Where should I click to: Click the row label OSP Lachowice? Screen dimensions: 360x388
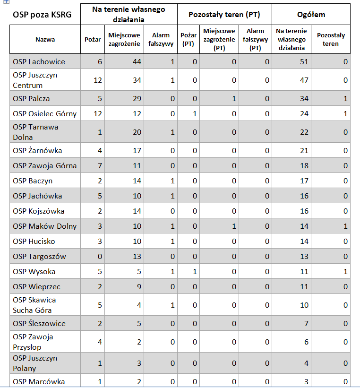pyautogui.click(x=39, y=61)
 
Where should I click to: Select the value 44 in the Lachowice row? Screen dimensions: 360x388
pyautogui.click(x=137, y=61)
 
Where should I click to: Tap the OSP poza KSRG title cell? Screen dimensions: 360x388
pyautogui.click(x=42, y=15)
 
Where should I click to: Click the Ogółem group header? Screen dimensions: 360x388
pyautogui.click(x=311, y=14)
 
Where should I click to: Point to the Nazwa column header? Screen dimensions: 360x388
pyautogui.click(x=45, y=39)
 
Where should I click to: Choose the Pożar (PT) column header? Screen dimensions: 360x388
pyautogui.click(x=189, y=39)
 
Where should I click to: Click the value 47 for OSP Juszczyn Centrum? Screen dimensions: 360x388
pyautogui.click(x=304, y=80)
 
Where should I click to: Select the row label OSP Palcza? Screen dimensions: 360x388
pyautogui.click(x=31, y=98)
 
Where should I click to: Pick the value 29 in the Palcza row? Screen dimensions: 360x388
pyautogui.click(x=137, y=98)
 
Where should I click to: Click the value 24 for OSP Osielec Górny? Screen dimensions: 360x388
pyautogui.click(x=304, y=113)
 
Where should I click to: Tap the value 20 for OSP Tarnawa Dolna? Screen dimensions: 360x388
pyautogui.click(x=137, y=132)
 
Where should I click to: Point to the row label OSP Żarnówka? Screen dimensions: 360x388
pyautogui.click(x=37, y=150)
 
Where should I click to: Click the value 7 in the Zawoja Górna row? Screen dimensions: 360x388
pyautogui.click(x=100, y=165)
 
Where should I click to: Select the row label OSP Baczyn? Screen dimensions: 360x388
pyautogui.click(x=33, y=181)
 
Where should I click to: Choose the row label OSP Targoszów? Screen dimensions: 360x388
pyautogui.click(x=39, y=256)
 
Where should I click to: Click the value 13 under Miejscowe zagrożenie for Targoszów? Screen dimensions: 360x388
pyautogui.click(x=137, y=256)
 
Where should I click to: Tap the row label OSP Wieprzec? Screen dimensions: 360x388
pyautogui.click(x=37, y=286)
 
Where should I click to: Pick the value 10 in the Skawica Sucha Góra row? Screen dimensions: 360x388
pyautogui.click(x=304, y=305)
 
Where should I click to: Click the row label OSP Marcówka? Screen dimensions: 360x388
pyautogui.click(x=39, y=381)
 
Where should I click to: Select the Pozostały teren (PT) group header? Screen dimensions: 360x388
pyautogui.click(x=224, y=15)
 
